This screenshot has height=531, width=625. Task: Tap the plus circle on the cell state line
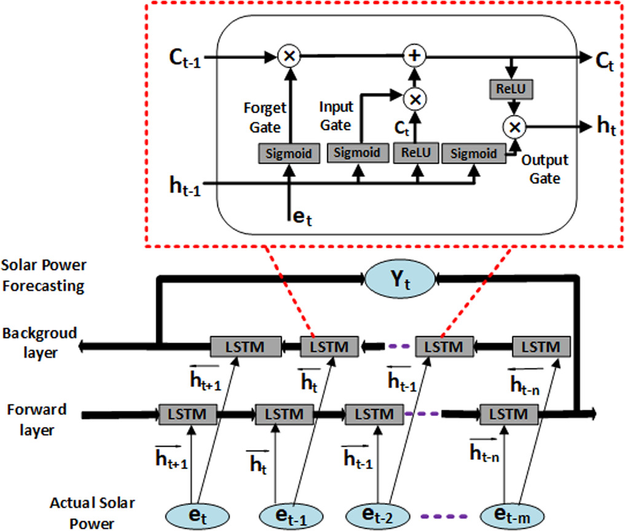[x=415, y=57]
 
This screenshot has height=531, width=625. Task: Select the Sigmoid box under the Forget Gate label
[x=288, y=153]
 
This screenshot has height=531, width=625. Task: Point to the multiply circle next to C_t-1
[x=288, y=57]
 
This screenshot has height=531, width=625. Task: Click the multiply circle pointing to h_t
[x=514, y=127]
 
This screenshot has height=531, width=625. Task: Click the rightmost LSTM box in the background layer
[x=537, y=347]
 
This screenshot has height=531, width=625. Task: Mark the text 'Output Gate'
[x=544, y=169]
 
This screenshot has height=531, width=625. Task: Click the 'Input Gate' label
[x=336, y=116]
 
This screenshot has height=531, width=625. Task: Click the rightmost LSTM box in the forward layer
[x=505, y=414]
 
